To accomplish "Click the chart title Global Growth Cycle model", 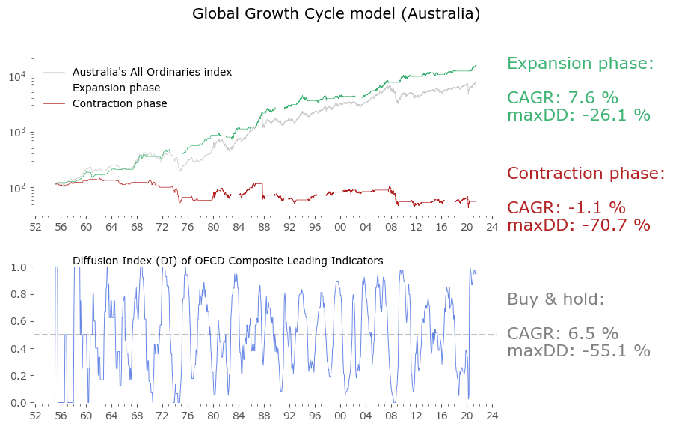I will click(336, 14).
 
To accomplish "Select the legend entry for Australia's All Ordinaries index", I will click(152, 73).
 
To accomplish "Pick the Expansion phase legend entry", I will click(116, 88).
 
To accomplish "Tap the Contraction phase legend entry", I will click(120, 104).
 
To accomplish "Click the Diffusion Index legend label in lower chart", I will click(227, 261).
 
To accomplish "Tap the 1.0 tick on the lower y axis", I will click(19, 267).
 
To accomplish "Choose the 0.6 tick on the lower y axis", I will click(19, 322).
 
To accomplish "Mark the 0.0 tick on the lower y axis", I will click(19, 403).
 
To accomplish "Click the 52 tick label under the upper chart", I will click(34, 226).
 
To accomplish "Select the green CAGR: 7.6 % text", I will click(562, 98).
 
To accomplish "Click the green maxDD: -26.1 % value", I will click(578, 115).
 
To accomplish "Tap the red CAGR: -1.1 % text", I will click(566, 208).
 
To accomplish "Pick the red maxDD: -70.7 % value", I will click(578, 225).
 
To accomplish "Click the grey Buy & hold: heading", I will click(555, 299).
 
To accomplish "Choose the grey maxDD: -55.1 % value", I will click(578, 351).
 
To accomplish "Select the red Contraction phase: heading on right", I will click(586, 174).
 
